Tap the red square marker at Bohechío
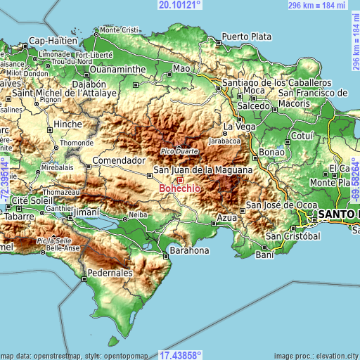(179, 181)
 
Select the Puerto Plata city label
(246, 37)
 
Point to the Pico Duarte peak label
(179, 151)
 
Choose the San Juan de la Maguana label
(202, 170)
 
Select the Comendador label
(118, 160)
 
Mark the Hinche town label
(68, 124)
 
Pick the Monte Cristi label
(120, 30)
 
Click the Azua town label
(226, 219)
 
